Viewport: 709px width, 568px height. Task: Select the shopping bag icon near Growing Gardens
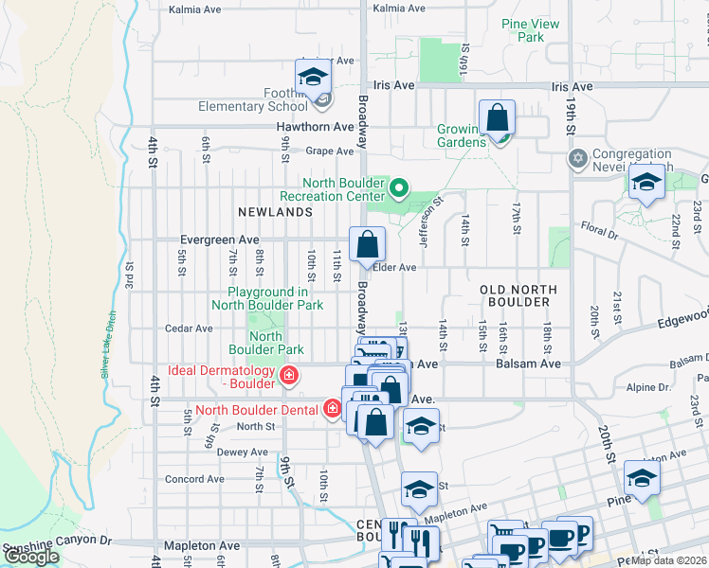[x=497, y=119]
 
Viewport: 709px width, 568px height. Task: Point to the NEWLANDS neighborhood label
[x=277, y=212]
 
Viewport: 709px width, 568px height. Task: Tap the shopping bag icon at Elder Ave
[x=367, y=245]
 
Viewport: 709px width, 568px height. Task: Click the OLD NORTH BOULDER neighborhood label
[x=515, y=294]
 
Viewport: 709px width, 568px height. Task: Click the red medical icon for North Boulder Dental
[x=332, y=409]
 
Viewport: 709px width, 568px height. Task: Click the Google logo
[x=31, y=558]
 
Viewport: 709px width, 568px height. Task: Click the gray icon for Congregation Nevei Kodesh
[x=577, y=157]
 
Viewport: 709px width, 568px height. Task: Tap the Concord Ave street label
[x=195, y=479]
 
